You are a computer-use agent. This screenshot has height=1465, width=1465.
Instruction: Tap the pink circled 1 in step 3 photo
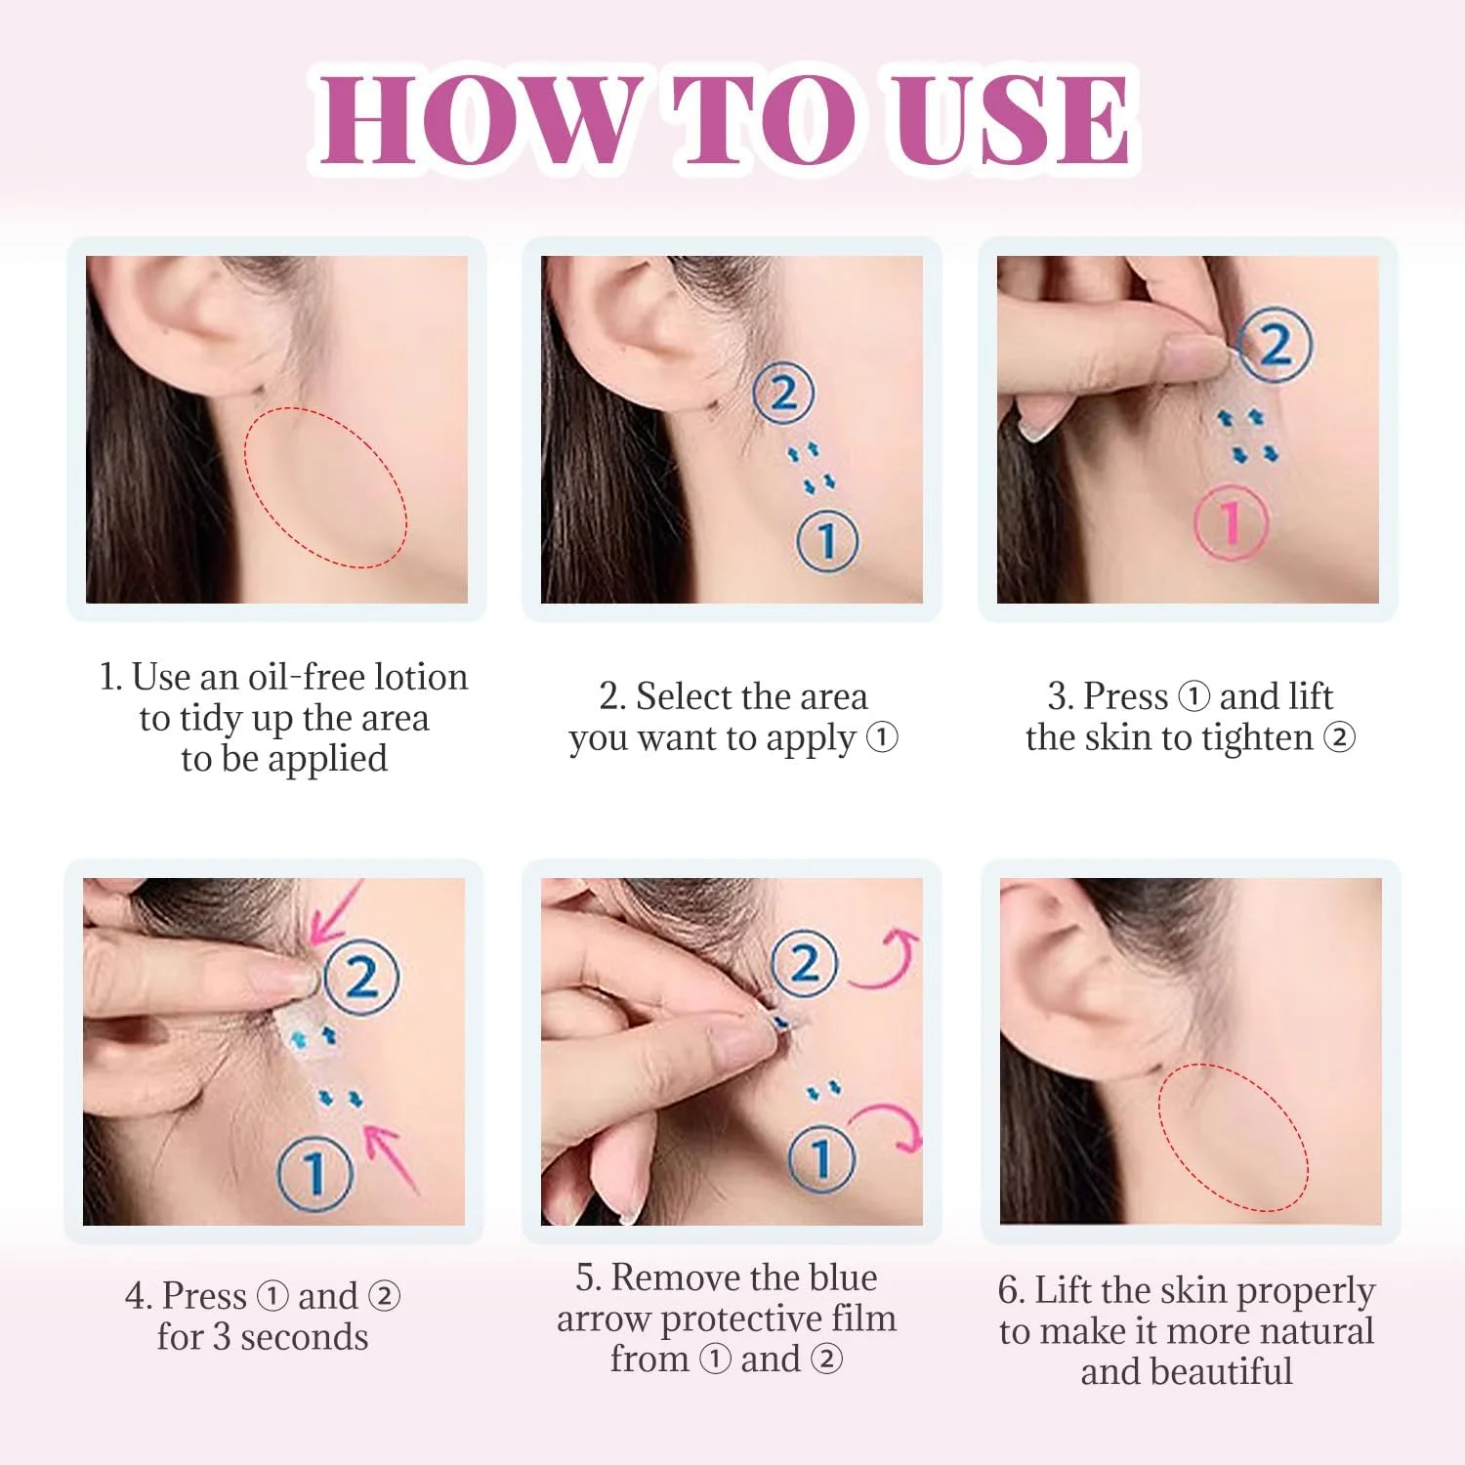point(1232,523)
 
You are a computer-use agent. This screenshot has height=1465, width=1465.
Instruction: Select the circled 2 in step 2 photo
point(783,393)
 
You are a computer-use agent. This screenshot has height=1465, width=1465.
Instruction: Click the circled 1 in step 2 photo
point(827,540)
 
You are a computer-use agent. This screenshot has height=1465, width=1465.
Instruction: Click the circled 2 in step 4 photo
point(360,977)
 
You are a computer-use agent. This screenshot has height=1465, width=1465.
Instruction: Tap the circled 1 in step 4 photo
point(314,1171)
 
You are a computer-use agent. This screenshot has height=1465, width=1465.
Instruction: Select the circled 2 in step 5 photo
point(804,964)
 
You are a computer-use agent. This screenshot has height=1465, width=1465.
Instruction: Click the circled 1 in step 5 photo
point(821,1158)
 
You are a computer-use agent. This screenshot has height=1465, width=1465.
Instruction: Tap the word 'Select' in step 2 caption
point(684,696)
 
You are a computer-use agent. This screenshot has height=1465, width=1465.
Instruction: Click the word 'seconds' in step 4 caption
point(304,1337)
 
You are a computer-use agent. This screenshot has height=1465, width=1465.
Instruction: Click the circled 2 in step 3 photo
point(1275,345)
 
